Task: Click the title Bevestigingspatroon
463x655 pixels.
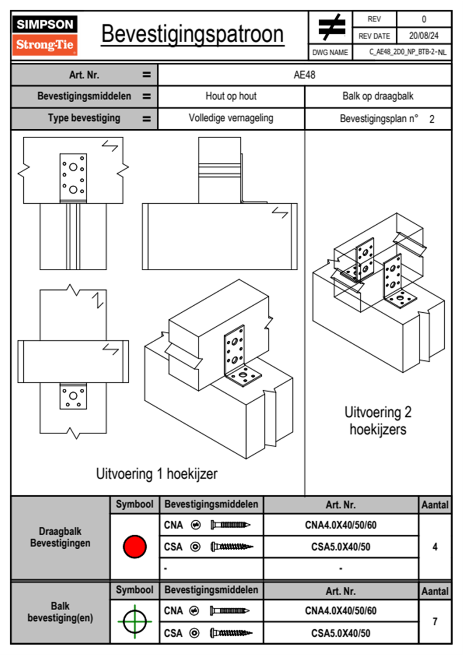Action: [192, 34]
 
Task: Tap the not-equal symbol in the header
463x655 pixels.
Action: [331, 28]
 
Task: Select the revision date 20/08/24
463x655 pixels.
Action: [423, 36]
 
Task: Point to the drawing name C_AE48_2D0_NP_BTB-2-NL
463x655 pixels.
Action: [407, 52]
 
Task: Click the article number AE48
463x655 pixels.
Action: [304, 75]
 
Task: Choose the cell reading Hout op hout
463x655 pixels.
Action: [231, 96]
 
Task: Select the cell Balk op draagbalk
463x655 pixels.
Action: [377, 96]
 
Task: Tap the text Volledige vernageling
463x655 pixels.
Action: [231, 118]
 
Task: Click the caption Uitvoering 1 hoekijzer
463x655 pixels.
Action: [156, 474]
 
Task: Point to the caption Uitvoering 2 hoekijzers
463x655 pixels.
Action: [377, 421]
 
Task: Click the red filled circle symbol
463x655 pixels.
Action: [135, 546]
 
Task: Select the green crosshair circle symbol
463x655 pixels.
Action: [135, 622]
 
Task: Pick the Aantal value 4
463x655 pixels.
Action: [435, 547]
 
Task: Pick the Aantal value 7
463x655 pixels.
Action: [435, 622]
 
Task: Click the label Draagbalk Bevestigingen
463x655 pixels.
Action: [60, 537]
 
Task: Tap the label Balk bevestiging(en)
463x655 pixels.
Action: [60, 612]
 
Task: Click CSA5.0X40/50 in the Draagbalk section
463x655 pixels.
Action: [340, 547]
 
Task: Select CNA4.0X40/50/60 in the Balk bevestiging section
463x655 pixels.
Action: [340, 611]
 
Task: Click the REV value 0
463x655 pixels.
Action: [424, 19]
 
